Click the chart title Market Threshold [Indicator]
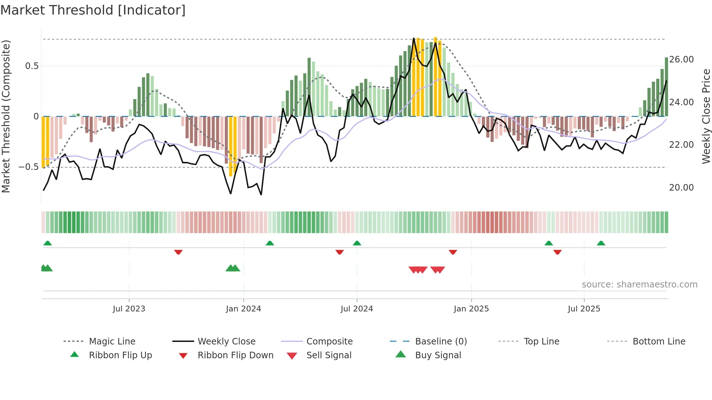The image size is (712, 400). pos(93,10)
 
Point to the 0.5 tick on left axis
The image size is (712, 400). pos(32,66)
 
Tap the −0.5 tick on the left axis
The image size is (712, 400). pos(29,167)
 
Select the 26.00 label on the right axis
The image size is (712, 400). pos(681,60)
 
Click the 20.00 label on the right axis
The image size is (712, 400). pos(681,188)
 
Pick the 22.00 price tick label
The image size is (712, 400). pos(681,145)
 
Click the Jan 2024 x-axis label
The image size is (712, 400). pos(243,309)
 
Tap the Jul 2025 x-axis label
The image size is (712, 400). pos(584,309)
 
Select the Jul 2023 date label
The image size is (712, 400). pos(129,309)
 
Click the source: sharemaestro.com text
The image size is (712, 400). pos(639,285)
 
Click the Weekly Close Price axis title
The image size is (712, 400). pos(706,116)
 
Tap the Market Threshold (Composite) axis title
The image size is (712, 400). pos(6,116)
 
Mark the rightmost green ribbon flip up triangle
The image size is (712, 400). pos(601,243)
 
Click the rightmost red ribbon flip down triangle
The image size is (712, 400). pos(558,252)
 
